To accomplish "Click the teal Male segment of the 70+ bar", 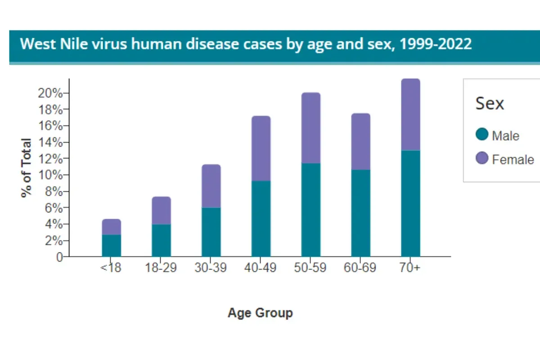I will pyautogui.click(x=410, y=203).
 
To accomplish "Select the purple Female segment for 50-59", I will pyautogui.click(x=311, y=128).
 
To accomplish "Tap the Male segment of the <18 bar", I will pyautogui.click(x=112, y=246).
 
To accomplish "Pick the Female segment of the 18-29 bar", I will pyautogui.click(x=161, y=211).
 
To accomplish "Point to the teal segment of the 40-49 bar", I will pyautogui.click(x=261, y=219).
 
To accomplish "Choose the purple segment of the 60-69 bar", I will pyautogui.click(x=360, y=141).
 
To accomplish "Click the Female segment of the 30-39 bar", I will pyautogui.click(x=211, y=186).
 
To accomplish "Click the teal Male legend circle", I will pyautogui.click(x=482, y=135).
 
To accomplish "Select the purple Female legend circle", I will pyautogui.click(x=482, y=158).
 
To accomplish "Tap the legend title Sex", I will pyautogui.click(x=490, y=104).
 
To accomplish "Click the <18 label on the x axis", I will pyautogui.click(x=111, y=268).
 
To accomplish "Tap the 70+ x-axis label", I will pyautogui.click(x=410, y=268).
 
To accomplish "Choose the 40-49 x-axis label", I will pyautogui.click(x=261, y=268).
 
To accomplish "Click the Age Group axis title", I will pyautogui.click(x=260, y=313).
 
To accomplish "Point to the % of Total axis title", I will pyautogui.click(x=27, y=167).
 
